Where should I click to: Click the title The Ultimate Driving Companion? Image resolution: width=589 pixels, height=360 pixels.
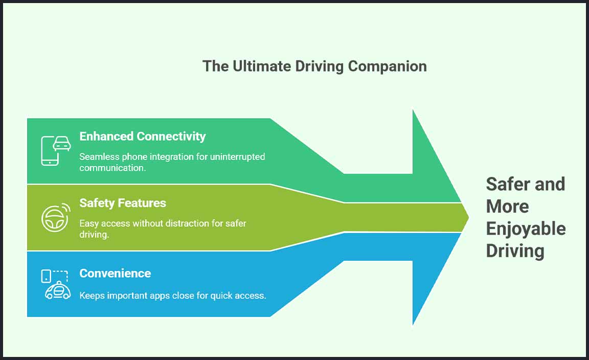click(314, 66)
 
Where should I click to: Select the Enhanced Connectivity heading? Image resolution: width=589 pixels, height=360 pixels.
click(142, 137)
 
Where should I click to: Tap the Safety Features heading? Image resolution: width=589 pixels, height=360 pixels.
click(123, 203)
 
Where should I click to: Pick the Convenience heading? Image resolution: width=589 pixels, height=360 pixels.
click(115, 273)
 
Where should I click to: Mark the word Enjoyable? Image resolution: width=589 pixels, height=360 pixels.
click(526, 229)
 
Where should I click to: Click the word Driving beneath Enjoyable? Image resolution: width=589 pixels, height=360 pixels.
click(515, 251)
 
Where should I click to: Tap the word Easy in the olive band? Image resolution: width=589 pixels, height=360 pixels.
click(89, 223)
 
